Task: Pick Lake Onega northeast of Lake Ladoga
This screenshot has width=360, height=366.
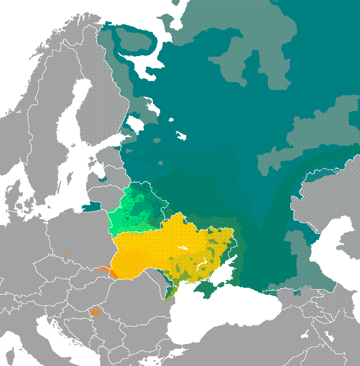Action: pyautogui.click(x=152, y=106)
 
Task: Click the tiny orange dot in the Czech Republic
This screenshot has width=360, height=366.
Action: pyautogui.click(x=66, y=255)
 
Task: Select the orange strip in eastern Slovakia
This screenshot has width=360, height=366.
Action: pyautogui.click(x=102, y=269)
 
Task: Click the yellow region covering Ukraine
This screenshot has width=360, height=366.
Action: pyautogui.click(x=168, y=248)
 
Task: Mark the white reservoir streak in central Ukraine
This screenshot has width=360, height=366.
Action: pyautogui.click(x=182, y=248)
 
